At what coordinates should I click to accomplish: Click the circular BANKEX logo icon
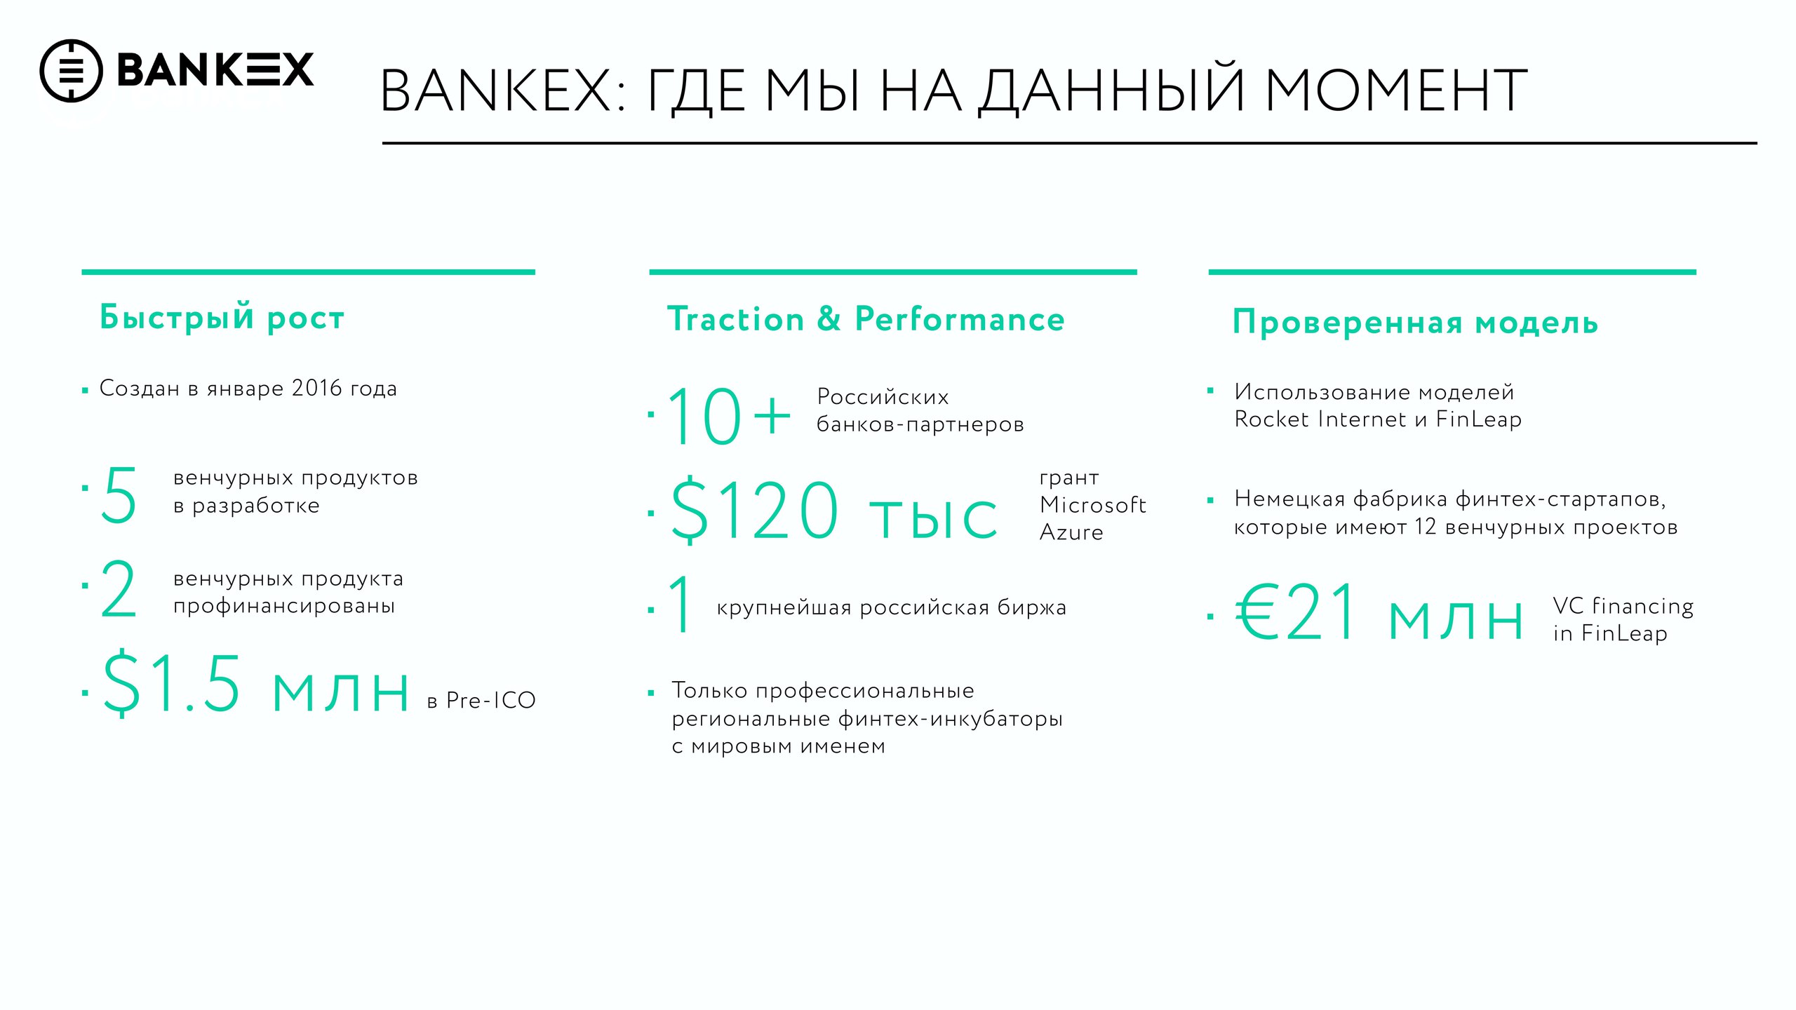(x=71, y=71)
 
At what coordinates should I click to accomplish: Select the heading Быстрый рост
(x=222, y=317)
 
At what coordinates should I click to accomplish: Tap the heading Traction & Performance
(x=866, y=319)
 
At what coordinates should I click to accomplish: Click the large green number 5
(x=119, y=495)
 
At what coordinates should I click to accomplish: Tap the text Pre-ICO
(x=491, y=700)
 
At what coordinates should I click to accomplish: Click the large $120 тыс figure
(x=834, y=510)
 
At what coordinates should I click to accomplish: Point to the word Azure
(x=1071, y=532)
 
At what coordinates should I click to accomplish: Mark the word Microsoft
(x=1093, y=504)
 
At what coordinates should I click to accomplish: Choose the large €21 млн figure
(x=1379, y=613)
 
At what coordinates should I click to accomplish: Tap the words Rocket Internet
(x=1320, y=419)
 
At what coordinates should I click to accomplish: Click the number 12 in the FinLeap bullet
(x=1426, y=527)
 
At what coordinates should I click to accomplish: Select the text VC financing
(x=1623, y=606)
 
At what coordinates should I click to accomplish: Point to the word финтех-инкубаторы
(x=951, y=719)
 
